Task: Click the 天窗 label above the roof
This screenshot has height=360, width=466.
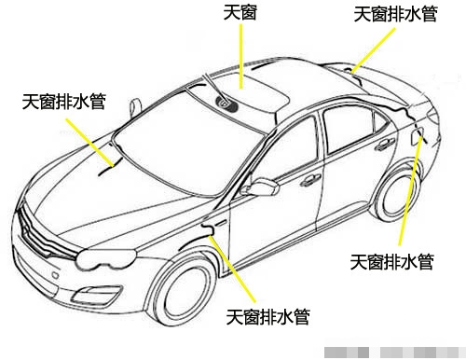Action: (240, 13)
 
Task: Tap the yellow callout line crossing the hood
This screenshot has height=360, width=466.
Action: (93, 143)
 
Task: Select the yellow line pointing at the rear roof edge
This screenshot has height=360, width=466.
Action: (373, 47)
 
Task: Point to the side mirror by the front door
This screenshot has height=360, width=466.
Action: (265, 187)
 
